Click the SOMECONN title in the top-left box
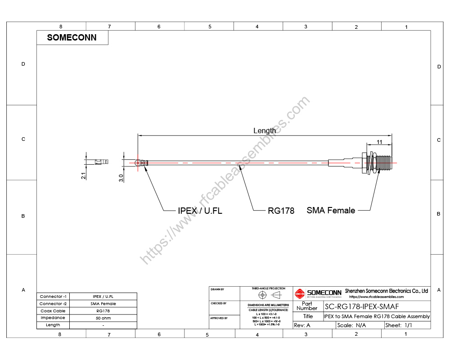click(x=72, y=38)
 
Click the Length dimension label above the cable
click(x=265, y=130)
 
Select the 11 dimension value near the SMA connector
click(x=379, y=142)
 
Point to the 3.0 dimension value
click(x=121, y=177)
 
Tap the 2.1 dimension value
click(x=84, y=176)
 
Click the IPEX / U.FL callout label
click(x=200, y=211)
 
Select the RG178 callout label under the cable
click(x=281, y=211)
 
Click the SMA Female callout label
click(x=331, y=210)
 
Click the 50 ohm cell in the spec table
click(x=103, y=318)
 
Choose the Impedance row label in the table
click(x=53, y=318)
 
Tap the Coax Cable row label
click(x=53, y=311)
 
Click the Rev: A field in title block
click(x=302, y=325)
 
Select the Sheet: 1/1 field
click(x=399, y=325)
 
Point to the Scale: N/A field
click(x=351, y=325)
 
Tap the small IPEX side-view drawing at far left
click(x=102, y=162)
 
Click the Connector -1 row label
click(x=53, y=297)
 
